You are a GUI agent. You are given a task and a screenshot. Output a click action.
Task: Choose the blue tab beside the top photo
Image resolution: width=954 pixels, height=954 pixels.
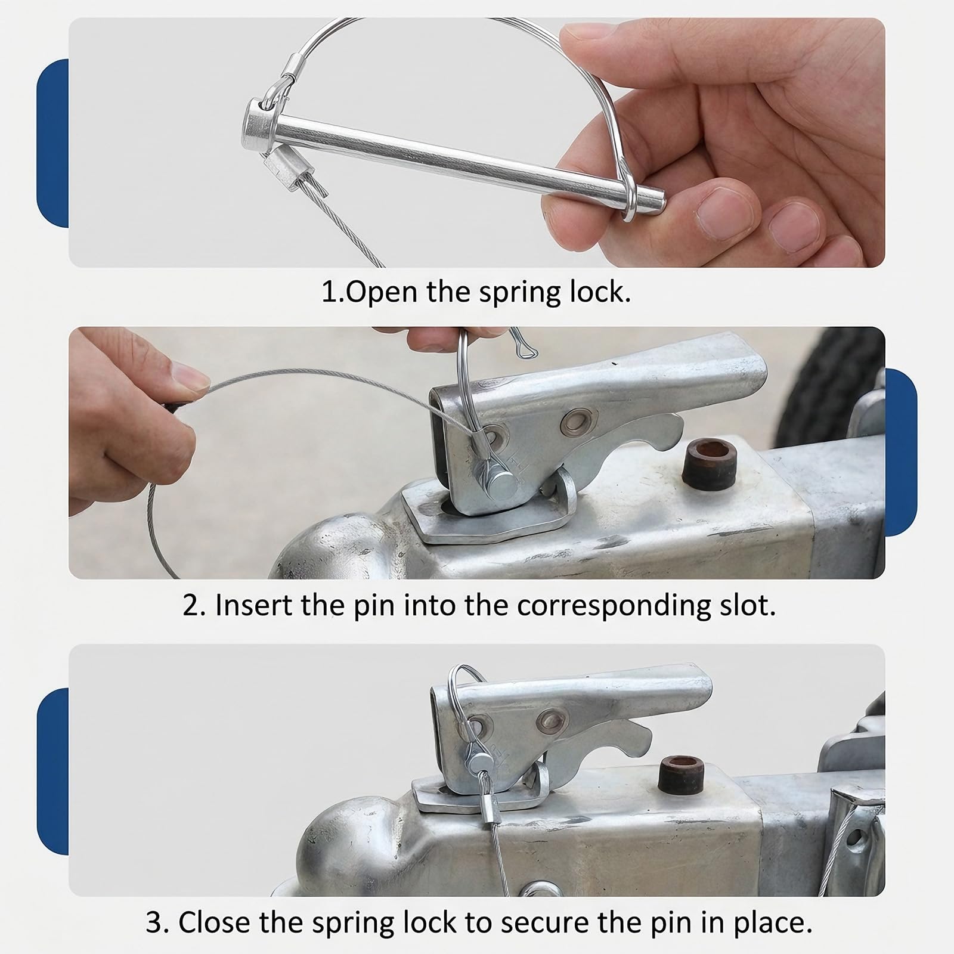pos(52,143)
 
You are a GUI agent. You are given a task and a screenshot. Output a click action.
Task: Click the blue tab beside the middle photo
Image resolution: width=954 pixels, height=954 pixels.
pos(901,452)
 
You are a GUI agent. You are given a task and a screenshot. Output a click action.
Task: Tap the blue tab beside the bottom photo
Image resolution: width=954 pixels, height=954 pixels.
pos(52,772)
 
